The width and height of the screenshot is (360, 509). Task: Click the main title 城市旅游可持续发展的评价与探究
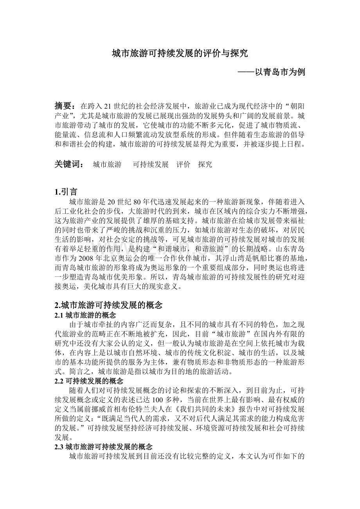180,54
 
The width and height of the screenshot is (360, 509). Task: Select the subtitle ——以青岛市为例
272,72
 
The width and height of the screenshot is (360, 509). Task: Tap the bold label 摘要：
65,106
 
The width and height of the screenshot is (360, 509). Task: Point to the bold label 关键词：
69,165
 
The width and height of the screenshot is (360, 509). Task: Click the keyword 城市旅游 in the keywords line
107,165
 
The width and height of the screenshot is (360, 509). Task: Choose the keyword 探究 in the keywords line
205,165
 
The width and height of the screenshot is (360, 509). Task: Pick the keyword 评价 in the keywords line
183,165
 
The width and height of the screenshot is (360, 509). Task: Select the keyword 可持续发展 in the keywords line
151,165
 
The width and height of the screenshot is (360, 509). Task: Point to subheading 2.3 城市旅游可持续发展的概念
104,447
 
